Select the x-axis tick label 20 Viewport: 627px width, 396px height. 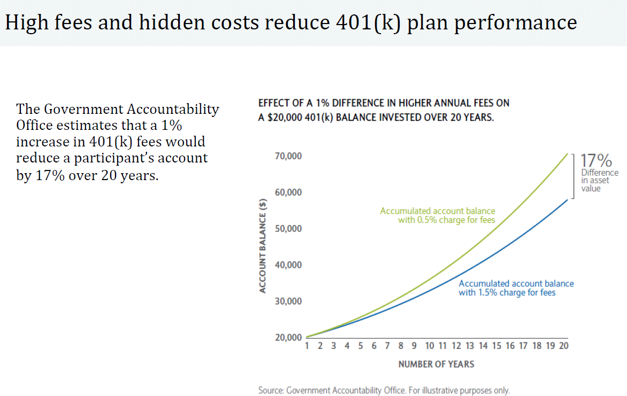tap(563, 346)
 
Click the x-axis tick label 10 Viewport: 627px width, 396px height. tap(430, 346)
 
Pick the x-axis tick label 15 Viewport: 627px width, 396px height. tap(496, 346)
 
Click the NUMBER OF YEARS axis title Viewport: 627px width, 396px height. tap(436, 364)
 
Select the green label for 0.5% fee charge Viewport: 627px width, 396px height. tap(438, 215)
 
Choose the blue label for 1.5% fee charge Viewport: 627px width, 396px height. tap(516, 288)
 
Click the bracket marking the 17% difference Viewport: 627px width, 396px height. tap(574, 176)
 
